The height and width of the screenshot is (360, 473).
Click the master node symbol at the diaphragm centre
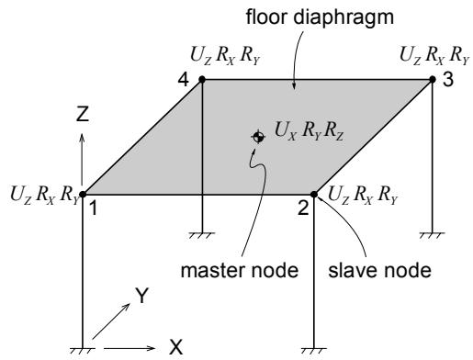pyautogui.click(x=258, y=137)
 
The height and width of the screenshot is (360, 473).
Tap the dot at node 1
pyautogui.click(x=83, y=194)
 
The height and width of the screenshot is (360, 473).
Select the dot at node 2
pyautogui.click(x=314, y=194)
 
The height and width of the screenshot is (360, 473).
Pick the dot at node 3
pyautogui.click(x=433, y=80)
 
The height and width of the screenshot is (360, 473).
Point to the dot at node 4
pyautogui.click(x=202, y=80)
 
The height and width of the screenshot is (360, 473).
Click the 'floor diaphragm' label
pyautogui.click(x=320, y=17)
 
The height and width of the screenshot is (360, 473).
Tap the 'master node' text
pyautogui.click(x=240, y=270)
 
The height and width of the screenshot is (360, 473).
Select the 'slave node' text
pyautogui.click(x=379, y=270)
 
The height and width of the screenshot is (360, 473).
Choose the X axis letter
pyautogui.click(x=175, y=347)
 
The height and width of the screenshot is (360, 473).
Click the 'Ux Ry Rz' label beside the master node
pyautogui.click(x=309, y=131)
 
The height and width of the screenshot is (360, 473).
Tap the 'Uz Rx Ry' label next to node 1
pyautogui.click(x=45, y=196)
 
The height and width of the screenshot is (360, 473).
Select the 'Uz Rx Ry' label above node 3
pyautogui.click(x=434, y=56)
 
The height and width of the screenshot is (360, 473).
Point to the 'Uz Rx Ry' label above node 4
pyautogui.click(x=225, y=56)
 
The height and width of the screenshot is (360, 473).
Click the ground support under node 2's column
pyautogui.click(x=314, y=351)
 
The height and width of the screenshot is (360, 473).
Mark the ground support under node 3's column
pyautogui.click(x=432, y=235)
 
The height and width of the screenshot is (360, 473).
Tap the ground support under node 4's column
pyautogui.click(x=202, y=235)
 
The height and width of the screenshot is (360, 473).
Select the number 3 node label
pyautogui.click(x=448, y=80)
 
